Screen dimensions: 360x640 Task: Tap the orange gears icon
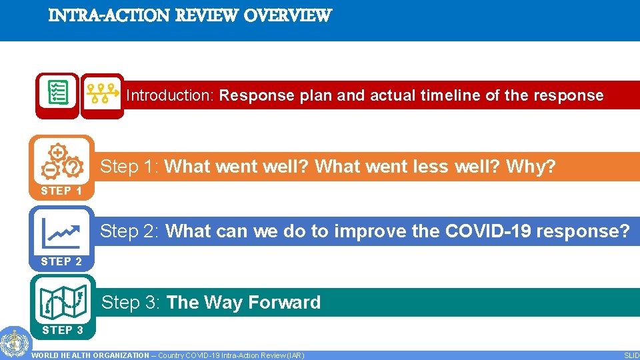click(61, 161)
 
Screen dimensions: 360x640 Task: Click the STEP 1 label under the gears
click(61, 191)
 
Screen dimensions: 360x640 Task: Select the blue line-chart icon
click(61, 229)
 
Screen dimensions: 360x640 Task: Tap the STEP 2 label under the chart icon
click(61, 261)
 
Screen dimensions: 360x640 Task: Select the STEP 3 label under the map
click(61, 330)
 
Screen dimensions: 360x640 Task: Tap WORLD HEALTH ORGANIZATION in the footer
click(91, 355)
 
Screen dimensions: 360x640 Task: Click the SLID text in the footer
click(631, 355)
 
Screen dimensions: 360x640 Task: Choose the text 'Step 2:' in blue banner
click(130, 231)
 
